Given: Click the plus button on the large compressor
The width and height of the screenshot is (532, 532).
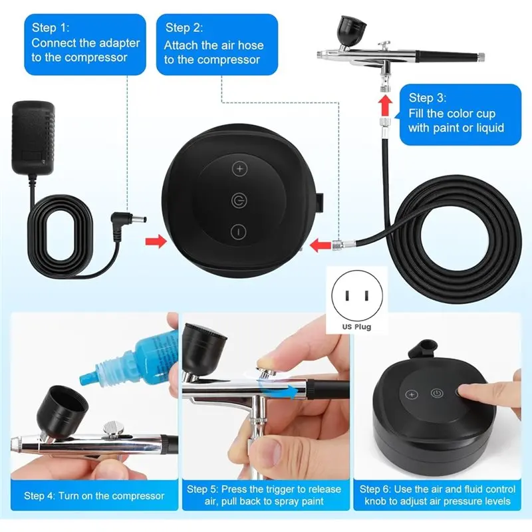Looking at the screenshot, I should (x=239, y=169).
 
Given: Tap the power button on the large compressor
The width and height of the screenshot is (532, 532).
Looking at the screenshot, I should (x=239, y=199).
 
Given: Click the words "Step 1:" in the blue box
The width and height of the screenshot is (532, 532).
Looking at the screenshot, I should (x=50, y=27).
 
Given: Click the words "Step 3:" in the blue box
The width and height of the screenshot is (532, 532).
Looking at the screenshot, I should (x=427, y=98).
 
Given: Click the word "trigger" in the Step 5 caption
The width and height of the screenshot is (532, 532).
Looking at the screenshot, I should (x=271, y=489).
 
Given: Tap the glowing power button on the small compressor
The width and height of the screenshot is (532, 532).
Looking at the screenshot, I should (x=437, y=392).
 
